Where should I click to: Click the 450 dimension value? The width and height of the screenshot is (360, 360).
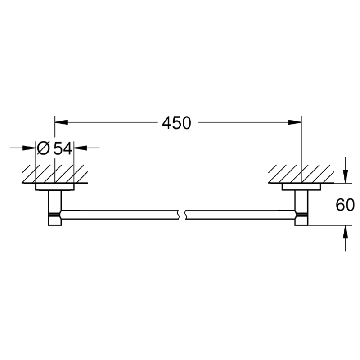pos(176,123)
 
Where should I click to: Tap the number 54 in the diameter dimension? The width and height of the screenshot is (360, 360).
pos(63,148)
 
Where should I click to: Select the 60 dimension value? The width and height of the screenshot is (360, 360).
pos(345,205)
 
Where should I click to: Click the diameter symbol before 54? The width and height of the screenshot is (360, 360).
pos(43,148)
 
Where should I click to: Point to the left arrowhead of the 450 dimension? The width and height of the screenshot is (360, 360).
pos(62,122)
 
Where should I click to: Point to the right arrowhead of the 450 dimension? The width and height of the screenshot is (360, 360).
pos(295,122)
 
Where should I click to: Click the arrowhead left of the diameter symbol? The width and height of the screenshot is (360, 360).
pos(29,148)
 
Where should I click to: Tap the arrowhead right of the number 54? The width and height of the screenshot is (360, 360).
pos(81,148)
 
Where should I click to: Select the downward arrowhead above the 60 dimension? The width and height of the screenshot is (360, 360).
pos(345,176)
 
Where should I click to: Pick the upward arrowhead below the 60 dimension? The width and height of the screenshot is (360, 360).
pos(345,232)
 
